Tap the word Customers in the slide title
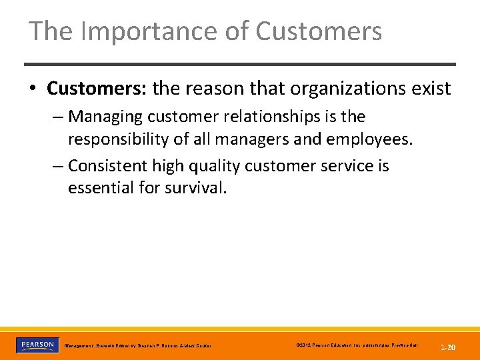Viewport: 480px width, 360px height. (319, 31)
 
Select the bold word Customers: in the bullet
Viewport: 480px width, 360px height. (97, 88)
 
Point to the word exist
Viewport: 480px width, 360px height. (433, 88)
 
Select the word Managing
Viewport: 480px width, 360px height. (105, 117)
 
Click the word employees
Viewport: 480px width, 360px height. (365, 139)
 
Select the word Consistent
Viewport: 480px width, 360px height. (110, 165)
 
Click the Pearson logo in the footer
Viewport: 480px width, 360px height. (37, 345)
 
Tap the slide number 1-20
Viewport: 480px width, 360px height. (447, 347)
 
